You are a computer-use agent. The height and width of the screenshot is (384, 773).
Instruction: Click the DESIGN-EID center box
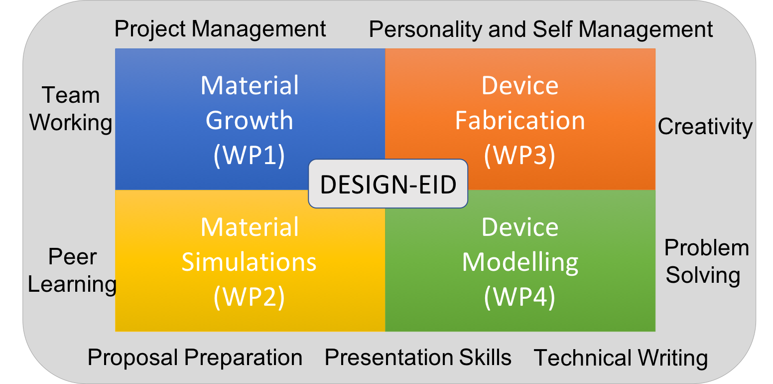point(388,184)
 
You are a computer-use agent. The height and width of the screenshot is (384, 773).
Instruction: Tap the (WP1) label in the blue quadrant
point(249,155)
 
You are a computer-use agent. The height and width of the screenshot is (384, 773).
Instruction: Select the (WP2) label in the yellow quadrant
point(249,297)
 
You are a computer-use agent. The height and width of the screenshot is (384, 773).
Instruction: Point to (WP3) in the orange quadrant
point(519,155)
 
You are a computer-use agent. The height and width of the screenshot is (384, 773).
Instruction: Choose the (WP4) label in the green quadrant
point(519,297)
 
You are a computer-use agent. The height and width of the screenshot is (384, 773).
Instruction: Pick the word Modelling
point(520,263)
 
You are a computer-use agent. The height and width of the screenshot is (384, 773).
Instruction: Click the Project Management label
point(220,29)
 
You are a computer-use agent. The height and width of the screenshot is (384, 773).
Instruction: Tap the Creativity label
point(705,127)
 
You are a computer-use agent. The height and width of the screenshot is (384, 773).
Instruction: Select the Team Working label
point(71,109)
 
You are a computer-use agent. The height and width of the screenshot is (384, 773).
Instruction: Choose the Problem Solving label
point(706,262)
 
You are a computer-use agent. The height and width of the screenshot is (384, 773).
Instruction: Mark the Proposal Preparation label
point(195,358)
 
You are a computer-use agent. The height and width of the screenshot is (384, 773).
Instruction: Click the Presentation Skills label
point(418,357)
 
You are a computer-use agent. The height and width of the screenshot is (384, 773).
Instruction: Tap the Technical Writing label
point(621,358)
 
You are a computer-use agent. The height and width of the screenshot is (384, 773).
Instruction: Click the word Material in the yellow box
point(250,227)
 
